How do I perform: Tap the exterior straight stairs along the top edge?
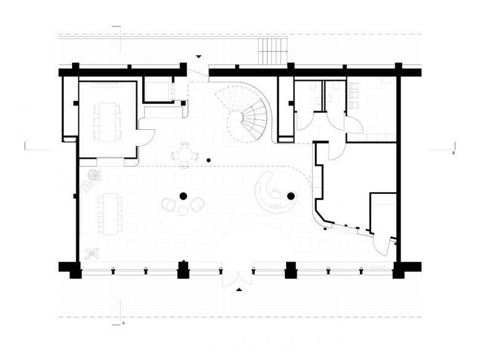point(273,51)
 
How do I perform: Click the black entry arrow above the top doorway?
point(199,57)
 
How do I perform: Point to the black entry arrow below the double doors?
point(239,289)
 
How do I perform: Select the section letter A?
point(124,322)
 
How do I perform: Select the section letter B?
point(454,153)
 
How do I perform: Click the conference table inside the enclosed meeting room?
point(107,122)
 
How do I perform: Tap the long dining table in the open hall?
point(110,214)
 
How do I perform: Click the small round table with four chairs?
point(185,155)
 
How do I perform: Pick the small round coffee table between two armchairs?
point(183,211)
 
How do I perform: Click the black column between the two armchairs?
point(183,196)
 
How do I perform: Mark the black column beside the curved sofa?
point(291,196)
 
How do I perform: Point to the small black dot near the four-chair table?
point(209,160)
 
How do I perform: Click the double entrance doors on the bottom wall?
point(238,276)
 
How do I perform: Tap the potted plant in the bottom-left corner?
point(92,254)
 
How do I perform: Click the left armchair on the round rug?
point(168,204)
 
